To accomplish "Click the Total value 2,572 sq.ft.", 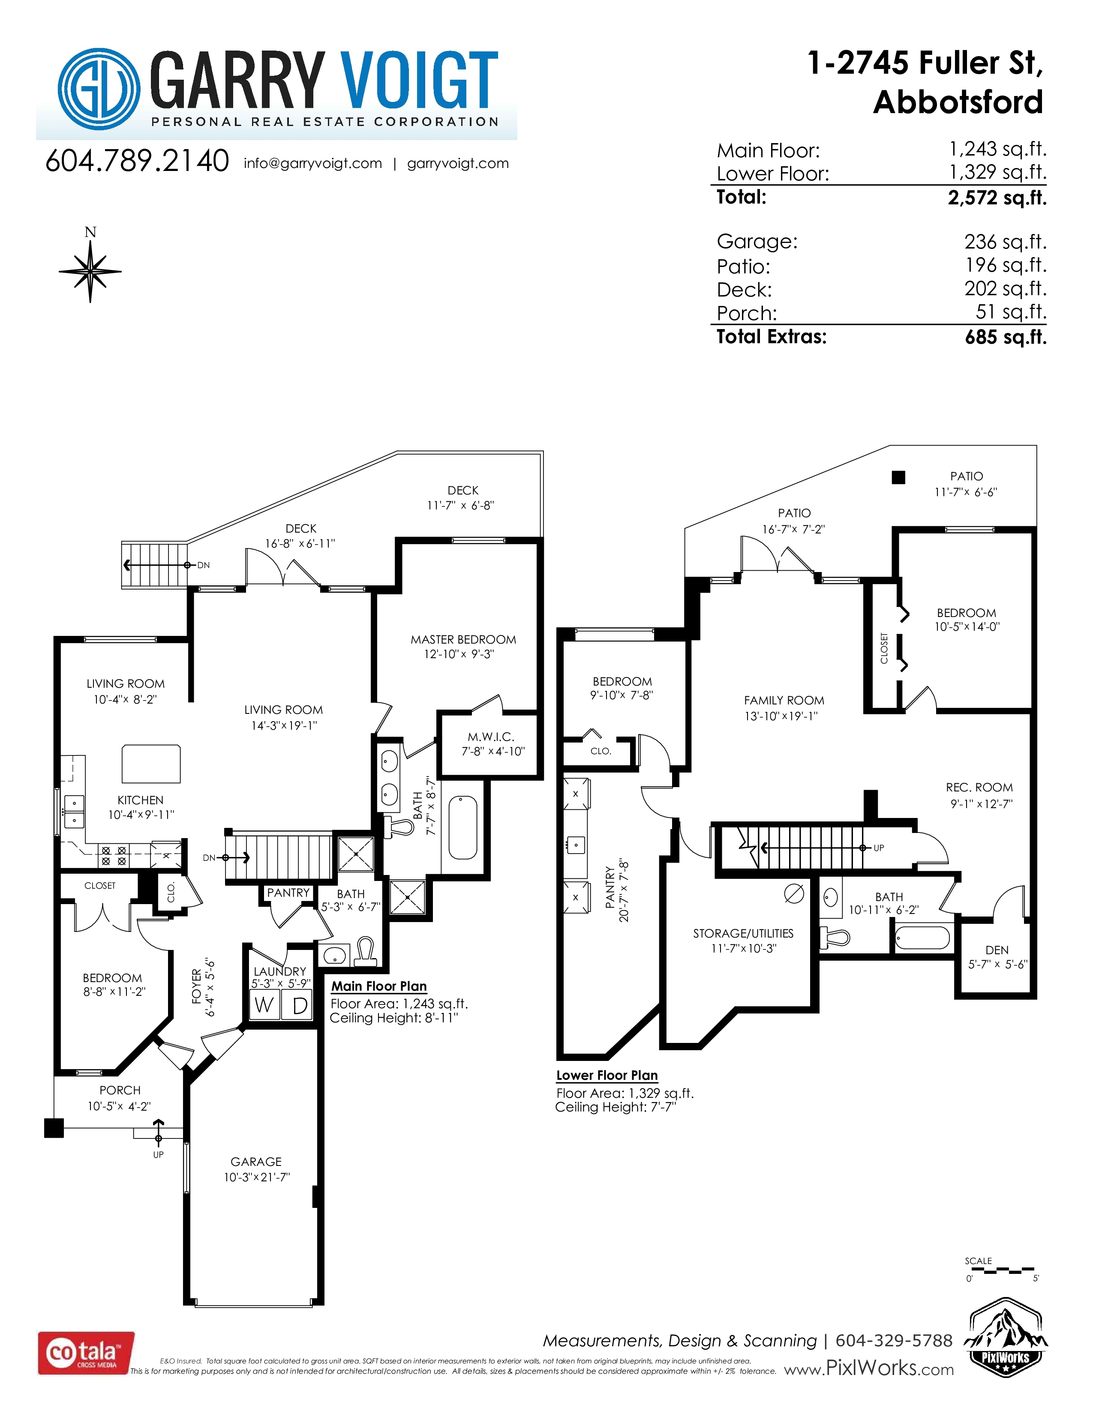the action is coord(997,198).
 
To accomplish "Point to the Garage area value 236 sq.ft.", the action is coord(1005,242).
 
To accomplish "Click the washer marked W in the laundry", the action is coord(264,1006).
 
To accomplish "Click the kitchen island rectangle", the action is coord(151,763).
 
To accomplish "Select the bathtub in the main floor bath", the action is coord(462,827).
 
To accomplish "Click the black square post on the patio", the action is coord(898,477).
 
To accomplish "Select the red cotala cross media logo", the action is coord(86,1352).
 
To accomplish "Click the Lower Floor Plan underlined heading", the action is coord(607,1075).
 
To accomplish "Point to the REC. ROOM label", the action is coord(979,787).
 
